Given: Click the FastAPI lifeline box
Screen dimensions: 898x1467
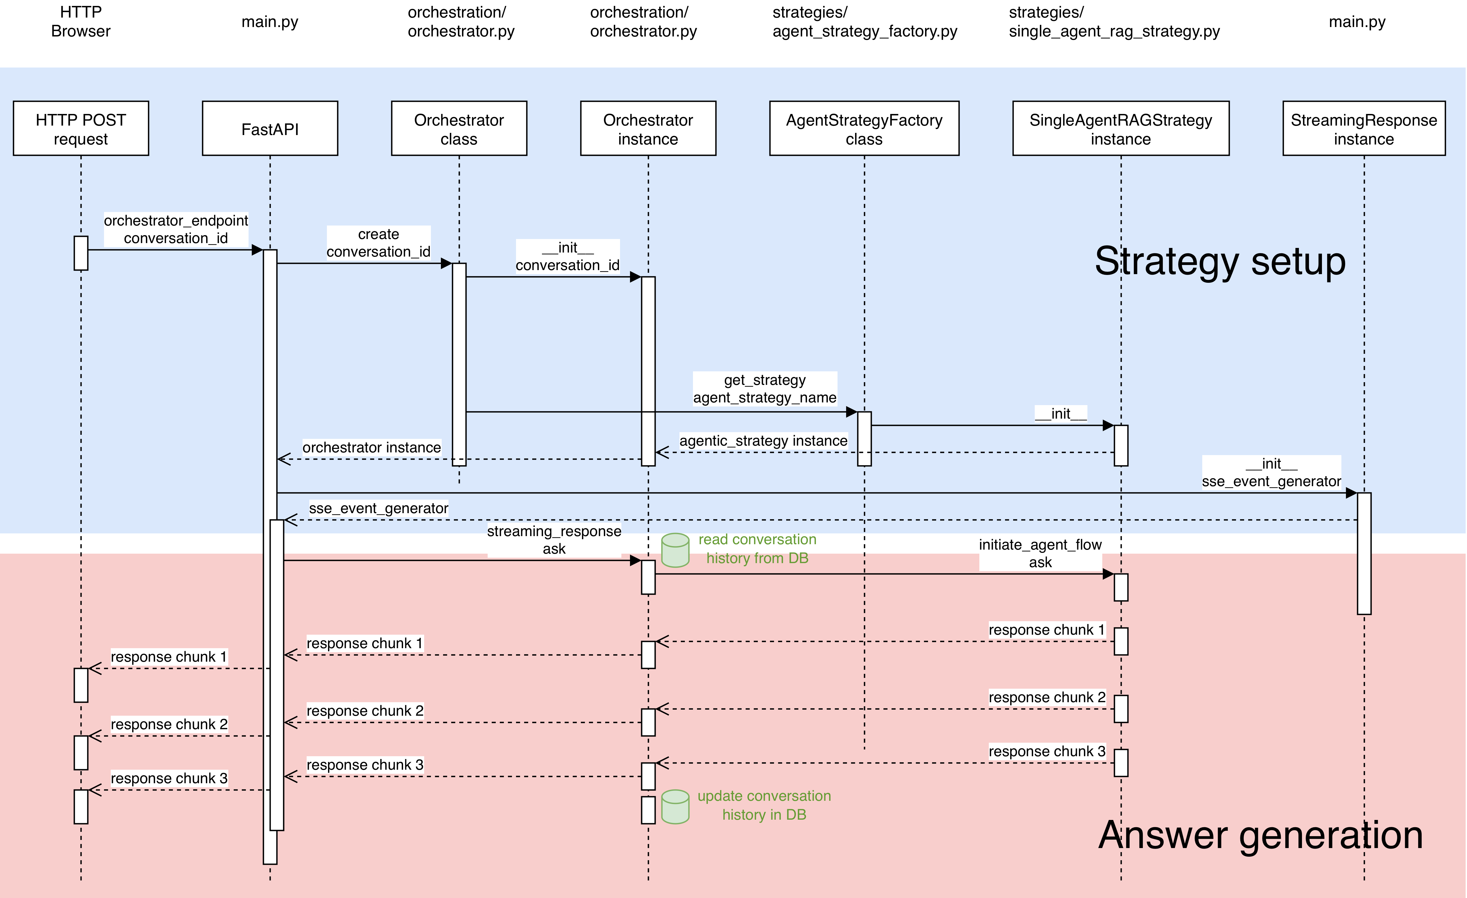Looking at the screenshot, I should [270, 129].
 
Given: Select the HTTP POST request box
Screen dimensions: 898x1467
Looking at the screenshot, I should [81, 129].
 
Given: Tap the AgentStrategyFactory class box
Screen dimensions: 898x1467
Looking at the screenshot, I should [864, 129].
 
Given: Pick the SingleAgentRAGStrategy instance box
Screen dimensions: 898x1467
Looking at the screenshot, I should [1120, 129].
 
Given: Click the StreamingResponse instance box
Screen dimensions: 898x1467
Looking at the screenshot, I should [1364, 129].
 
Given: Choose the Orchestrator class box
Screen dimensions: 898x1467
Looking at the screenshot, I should [459, 129].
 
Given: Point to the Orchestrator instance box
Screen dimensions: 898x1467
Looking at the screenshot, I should [648, 129].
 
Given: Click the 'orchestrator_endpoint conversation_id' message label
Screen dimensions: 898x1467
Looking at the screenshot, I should [176, 229].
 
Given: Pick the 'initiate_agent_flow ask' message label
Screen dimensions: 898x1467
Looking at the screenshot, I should [1040, 553].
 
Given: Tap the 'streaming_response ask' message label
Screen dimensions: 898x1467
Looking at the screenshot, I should [554, 540].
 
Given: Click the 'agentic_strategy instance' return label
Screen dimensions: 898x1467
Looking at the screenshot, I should [763, 441].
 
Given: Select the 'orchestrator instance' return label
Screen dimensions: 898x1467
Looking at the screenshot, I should [371, 448].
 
